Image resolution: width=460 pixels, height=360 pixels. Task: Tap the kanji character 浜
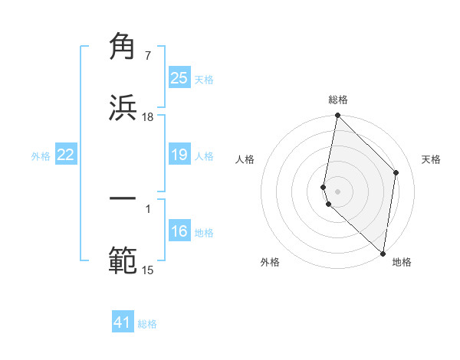tap(123, 106)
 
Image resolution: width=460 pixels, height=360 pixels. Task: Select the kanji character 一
tap(123, 198)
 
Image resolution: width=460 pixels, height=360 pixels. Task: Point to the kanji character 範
tap(123, 260)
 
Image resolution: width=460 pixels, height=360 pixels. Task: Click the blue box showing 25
tap(179, 78)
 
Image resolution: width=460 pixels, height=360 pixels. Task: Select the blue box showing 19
tap(179, 155)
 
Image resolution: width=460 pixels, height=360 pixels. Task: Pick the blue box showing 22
tap(66, 155)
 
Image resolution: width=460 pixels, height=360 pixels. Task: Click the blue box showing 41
tap(123, 322)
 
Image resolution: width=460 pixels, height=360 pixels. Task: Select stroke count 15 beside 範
tap(148, 270)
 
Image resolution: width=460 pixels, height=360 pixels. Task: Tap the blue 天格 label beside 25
tap(204, 79)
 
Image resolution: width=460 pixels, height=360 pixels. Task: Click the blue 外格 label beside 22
tap(41, 156)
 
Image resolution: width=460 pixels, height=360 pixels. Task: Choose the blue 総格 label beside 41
tap(147, 324)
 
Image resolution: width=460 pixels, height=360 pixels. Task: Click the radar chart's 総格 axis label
tap(338, 100)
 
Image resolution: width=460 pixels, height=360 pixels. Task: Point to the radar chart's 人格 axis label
tap(245, 159)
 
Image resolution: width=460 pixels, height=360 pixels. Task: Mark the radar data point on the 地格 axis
tap(383, 254)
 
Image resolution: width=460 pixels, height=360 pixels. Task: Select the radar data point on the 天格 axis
tap(396, 172)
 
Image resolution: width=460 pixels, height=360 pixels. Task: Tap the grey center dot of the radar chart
tap(337, 191)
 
